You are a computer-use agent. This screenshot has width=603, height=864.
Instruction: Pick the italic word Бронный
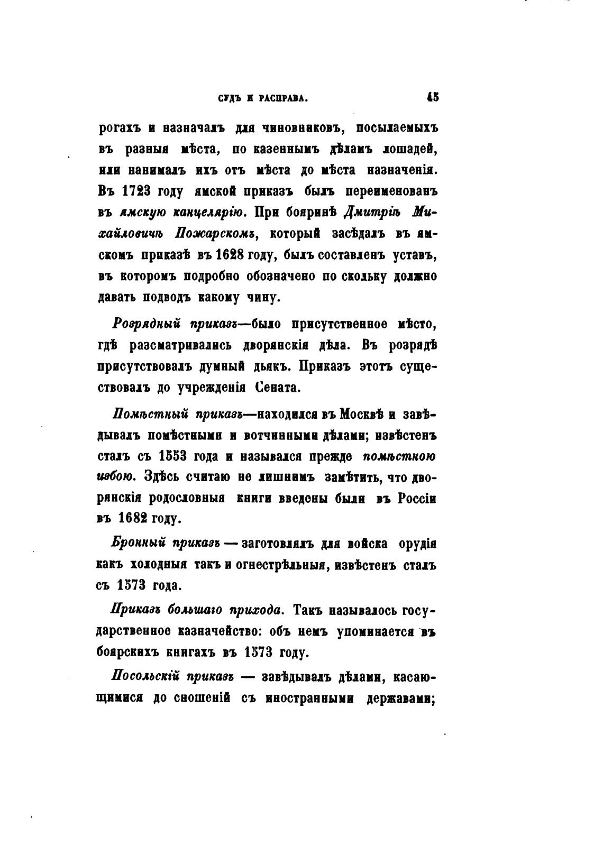tap(139, 543)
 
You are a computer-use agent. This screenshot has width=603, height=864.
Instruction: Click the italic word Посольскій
tap(147, 677)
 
